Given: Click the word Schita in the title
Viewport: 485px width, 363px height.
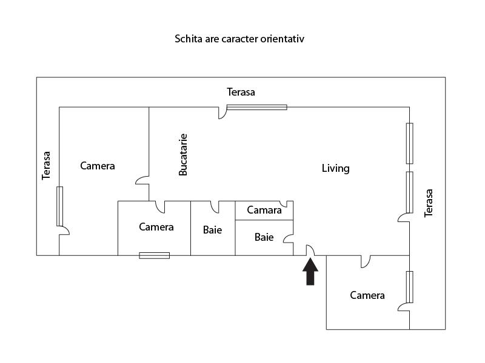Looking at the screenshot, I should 188,39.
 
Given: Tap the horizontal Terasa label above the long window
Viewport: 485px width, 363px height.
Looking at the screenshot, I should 241,92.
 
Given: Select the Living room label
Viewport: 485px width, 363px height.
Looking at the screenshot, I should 335,168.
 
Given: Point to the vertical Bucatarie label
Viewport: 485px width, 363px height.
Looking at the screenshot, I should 183,155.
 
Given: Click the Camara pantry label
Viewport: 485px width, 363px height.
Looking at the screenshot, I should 264,211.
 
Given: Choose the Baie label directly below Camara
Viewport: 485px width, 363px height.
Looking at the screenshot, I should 264,237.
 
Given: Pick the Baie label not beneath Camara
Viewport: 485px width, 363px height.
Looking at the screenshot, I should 212,230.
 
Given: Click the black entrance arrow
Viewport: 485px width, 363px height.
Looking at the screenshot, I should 310,271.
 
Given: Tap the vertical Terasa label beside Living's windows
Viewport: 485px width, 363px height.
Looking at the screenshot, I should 429,203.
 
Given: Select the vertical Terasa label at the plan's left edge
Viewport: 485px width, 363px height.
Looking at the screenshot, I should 46,165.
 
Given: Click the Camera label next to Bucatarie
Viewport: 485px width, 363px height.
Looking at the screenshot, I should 98,166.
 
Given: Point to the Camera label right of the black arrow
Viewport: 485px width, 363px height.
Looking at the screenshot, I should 367,295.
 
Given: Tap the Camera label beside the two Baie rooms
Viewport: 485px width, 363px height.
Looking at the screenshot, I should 156,227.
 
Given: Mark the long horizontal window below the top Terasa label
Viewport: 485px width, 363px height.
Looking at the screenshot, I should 256,107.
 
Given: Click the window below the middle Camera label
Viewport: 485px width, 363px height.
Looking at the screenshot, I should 154,255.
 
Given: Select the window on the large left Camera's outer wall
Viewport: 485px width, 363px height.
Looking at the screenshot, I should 59,206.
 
